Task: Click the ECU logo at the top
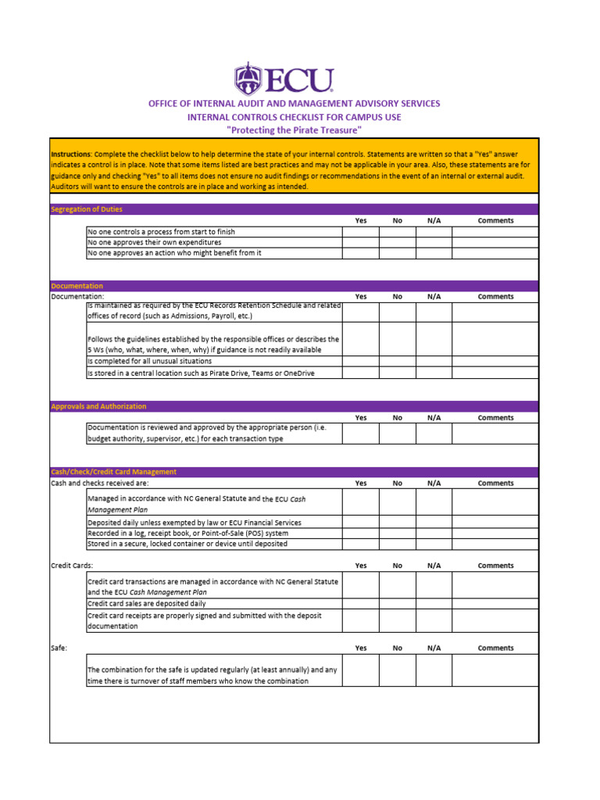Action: click(284, 80)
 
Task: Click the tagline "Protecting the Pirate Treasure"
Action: click(294, 130)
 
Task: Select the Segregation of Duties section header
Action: click(87, 209)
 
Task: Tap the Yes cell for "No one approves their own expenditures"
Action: click(361, 242)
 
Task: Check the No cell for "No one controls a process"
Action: click(397, 232)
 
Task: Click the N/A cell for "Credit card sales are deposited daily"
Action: click(434, 604)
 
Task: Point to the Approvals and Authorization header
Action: click(98, 406)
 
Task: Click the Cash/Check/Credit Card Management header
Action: click(114, 472)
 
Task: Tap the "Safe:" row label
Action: click(59, 648)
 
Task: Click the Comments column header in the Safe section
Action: click(495, 648)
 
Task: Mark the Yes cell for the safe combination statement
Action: click(361, 670)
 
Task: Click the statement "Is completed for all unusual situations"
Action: click(149, 362)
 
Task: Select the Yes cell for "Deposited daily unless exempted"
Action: click(361, 522)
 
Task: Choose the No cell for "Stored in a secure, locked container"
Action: click(397, 544)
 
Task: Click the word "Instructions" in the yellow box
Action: click(71, 155)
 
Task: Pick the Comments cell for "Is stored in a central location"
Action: click(495, 373)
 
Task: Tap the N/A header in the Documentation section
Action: click(434, 297)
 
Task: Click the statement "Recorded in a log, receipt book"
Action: click(182, 533)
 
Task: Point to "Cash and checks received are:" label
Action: click(100, 484)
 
